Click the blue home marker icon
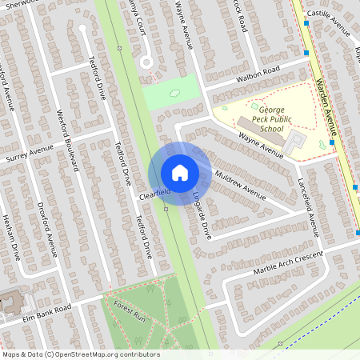[179, 173]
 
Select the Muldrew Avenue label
[240, 186]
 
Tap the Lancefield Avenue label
[309, 207]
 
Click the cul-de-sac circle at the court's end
[146, 62]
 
